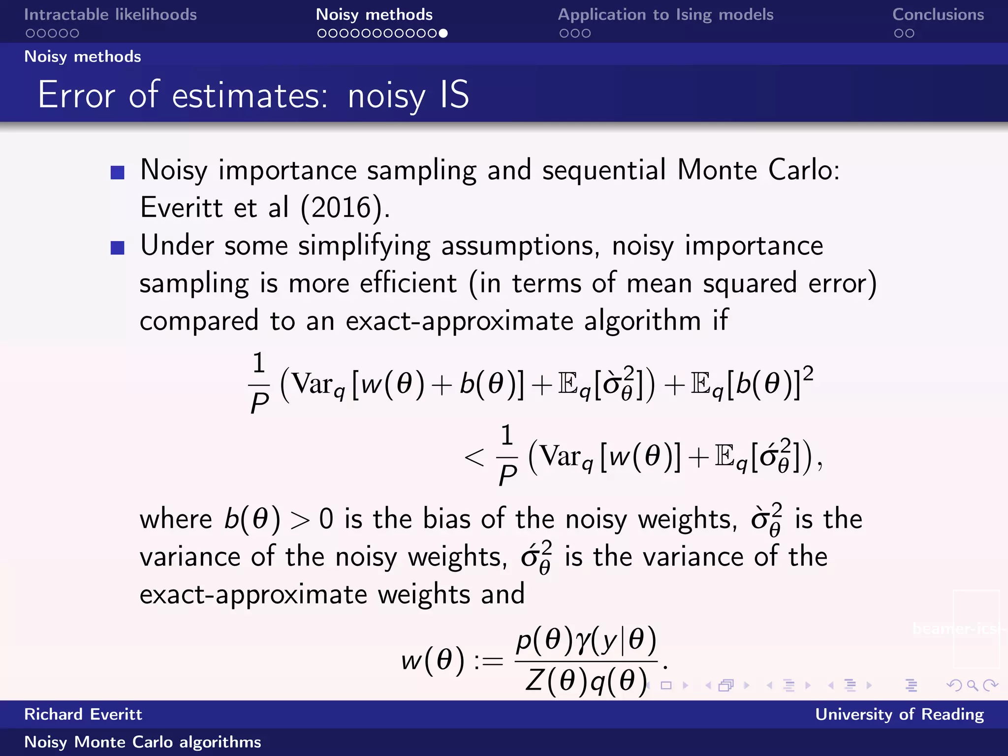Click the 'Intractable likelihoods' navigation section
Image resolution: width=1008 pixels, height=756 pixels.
(x=110, y=15)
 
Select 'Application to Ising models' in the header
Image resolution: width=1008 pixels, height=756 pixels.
(x=665, y=15)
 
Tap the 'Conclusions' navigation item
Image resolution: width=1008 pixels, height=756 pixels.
(x=938, y=15)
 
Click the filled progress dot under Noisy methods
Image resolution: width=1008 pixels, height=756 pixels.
(x=443, y=33)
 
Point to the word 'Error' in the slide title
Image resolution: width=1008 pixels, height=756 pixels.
(x=77, y=94)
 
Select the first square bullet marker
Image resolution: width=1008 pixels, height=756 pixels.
(x=118, y=172)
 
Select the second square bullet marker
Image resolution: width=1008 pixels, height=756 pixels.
(x=118, y=248)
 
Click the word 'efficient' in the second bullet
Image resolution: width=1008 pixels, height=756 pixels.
(x=408, y=284)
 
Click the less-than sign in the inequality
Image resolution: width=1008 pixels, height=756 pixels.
(x=474, y=458)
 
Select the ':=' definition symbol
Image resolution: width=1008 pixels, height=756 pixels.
(x=488, y=661)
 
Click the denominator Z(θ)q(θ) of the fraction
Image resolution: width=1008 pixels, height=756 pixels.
(x=586, y=682)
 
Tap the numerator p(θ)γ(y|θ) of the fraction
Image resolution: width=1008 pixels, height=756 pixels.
(x=586, y=641)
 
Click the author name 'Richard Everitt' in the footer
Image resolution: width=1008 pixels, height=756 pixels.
(x=83, y=714)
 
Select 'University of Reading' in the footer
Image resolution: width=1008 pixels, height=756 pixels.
(x=899, y=714)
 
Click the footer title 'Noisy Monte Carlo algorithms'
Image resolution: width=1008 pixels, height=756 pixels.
(x=143, y=742)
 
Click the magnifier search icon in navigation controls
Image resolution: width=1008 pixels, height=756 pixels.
(x=972, y=685)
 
